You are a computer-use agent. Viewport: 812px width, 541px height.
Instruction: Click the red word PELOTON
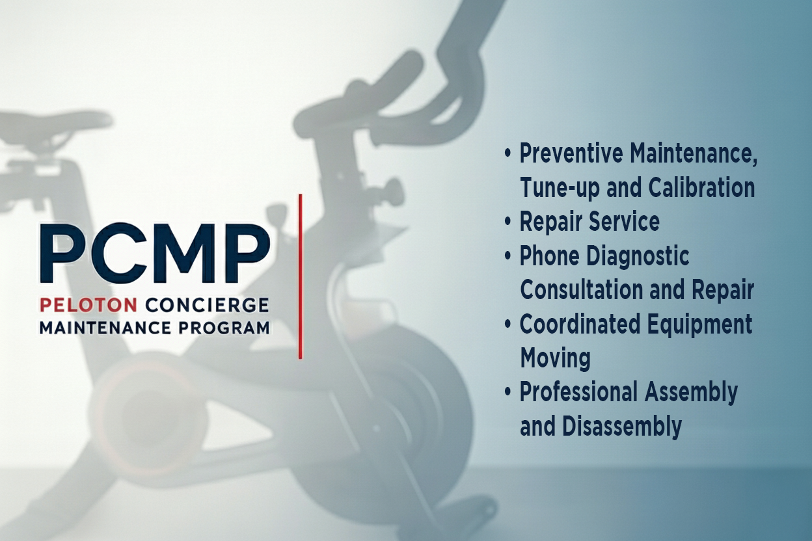87,305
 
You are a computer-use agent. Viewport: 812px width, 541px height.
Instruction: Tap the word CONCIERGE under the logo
207,305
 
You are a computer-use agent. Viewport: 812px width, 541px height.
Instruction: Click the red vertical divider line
300,276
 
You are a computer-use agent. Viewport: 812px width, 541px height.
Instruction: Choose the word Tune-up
561,189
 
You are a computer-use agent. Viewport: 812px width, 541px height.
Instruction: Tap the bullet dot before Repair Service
508,222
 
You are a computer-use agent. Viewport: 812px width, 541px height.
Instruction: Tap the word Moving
555,358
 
